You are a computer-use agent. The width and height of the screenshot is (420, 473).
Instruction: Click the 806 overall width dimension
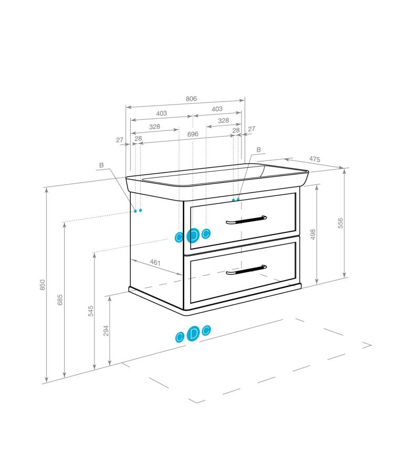coord(191,99)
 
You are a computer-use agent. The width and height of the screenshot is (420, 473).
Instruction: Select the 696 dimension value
coord(193,134)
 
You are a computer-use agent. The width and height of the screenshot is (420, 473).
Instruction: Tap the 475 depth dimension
coord(314,159)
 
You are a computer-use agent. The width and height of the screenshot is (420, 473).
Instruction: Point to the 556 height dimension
coord(340,223)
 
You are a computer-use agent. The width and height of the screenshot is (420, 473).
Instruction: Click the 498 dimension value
coord(313,234)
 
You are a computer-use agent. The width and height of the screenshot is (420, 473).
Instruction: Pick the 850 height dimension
coord(43,285)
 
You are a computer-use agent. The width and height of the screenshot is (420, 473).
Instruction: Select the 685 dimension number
coord(60,300)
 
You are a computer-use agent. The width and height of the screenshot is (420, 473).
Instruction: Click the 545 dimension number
coord(91,311)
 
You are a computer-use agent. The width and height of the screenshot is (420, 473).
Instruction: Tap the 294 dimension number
coord(106,331)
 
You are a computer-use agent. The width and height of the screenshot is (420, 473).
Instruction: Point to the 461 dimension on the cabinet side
coord(155,262)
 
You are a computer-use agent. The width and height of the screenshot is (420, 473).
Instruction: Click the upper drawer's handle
coord(246,220)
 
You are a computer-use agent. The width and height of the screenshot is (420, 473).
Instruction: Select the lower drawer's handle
coord(246,270)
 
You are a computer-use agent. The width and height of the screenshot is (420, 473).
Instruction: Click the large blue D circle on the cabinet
coord(193,235)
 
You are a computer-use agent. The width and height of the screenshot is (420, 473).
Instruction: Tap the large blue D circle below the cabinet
coord(193,334)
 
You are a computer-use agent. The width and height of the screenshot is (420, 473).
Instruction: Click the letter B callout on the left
coord(101,166)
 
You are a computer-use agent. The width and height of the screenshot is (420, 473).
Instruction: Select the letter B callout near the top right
coord(258,150)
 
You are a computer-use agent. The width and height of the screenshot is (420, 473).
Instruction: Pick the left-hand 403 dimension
coord(162,114)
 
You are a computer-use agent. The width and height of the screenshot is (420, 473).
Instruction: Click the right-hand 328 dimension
coord(223,121)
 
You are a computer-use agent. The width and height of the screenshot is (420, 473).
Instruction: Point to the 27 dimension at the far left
coord(120,140)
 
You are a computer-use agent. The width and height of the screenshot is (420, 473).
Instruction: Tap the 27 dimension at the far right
coord(251,129)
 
